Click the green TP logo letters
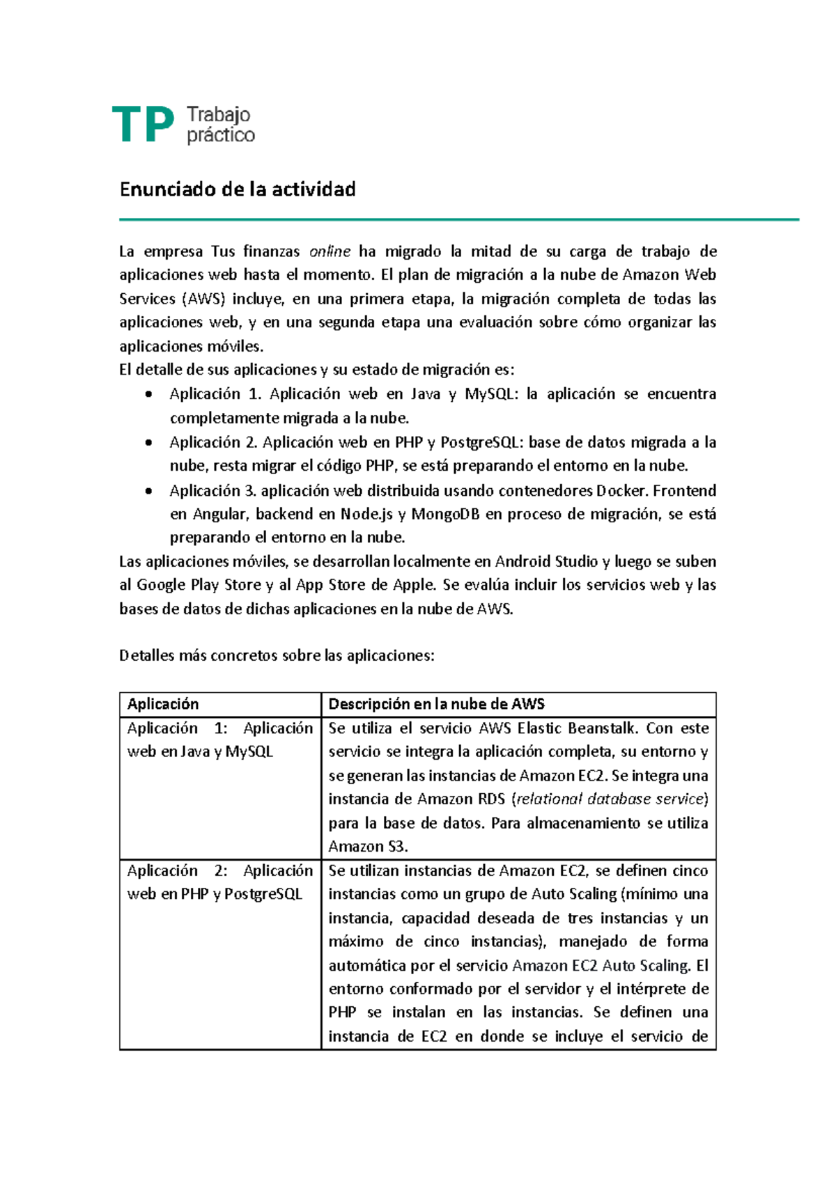pos(143,125)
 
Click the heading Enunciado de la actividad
pos(238,189)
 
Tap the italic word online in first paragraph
pos(330,251)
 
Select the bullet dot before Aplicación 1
pos(148,395)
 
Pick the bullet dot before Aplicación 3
pos(148,491)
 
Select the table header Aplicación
pos(163,704)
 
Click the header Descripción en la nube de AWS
pos(436,704)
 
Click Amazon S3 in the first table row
pos(367,847)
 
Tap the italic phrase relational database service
pos(611,799)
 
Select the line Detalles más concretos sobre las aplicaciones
pos(277,656)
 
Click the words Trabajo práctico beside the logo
pos(220,125)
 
